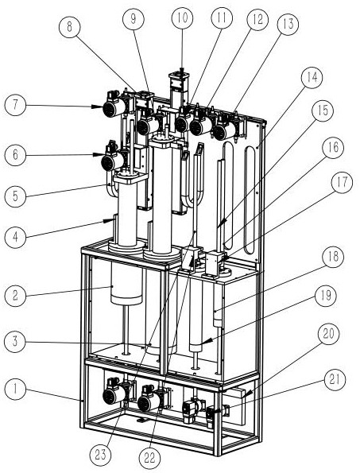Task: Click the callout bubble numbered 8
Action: (x=70, y=27)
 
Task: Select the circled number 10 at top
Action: (x=182, y=18)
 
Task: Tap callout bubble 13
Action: (x=288, y=25)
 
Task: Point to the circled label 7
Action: (x=15, y=105)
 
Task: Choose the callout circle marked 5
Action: (x=15, y=196)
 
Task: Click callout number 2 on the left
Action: (x=15, y=295)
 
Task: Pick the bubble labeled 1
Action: (x=15, y=389)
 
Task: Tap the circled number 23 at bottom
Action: (x=101, y=454)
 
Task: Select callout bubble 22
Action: (x=150, y=459)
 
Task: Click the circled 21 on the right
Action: (x=335, y=379)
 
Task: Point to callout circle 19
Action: (x=325, y=296)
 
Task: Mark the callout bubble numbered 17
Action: (x=342, y=183)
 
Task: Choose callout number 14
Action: (x=312, y=77)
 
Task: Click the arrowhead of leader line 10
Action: (x=182, y=71)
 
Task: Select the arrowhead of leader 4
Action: (x=108, y=221)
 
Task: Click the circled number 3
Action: (x=15, y=342)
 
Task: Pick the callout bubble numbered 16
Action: (x=333, y=148)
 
